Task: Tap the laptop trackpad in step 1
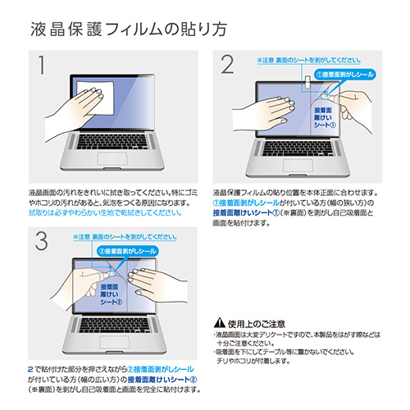pyautogui.click(x=111, y=158)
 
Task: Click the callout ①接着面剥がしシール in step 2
pyautogui.click(x=341, y=75)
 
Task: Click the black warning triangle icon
pyautogui.click(x=218, y=322)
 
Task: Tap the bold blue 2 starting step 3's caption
pyautogui.click(x=30, y=370)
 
